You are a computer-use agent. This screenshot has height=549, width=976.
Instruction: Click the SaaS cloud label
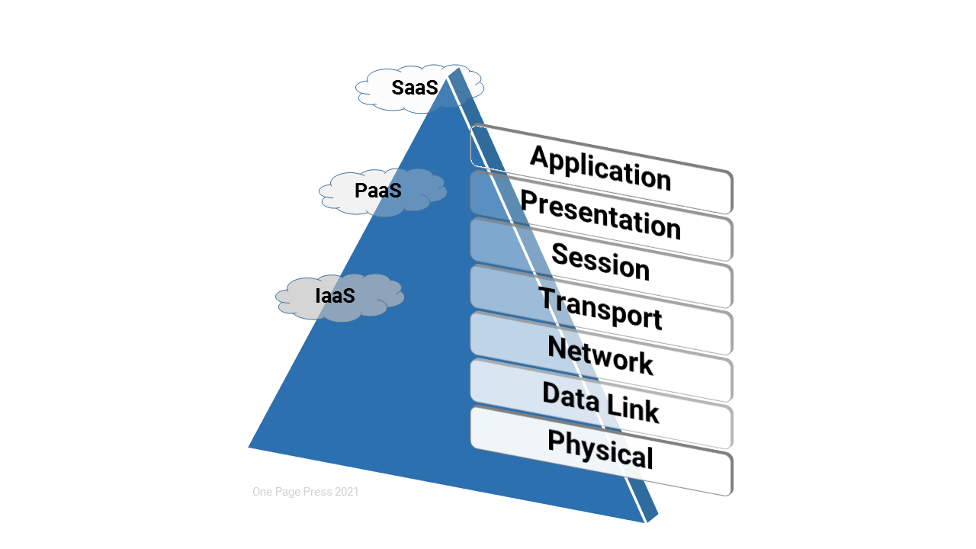(415, 88)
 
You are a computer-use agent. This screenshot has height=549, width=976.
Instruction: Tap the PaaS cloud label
(378, 191)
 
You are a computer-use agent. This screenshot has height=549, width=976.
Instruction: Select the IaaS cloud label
(335, 296)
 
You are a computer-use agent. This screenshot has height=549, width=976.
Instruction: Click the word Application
(601, 168)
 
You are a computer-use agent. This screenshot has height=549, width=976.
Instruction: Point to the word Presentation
(601, 214)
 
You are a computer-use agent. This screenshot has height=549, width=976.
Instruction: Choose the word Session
(601, 262)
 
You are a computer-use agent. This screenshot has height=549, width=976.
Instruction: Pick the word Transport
(601, 309)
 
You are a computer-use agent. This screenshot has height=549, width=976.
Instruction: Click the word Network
(601, 356)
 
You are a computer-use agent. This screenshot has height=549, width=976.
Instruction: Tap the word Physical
(601, 450)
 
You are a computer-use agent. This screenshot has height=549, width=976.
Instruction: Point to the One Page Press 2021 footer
(306, 492)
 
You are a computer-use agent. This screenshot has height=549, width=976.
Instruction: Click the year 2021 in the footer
(346, 492)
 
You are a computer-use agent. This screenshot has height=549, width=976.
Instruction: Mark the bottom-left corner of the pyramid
(249, 447)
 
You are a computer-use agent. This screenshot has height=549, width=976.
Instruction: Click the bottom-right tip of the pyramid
(647, 522)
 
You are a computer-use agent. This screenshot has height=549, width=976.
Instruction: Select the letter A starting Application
(539, 158)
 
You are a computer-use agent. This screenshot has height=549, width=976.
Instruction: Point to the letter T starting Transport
(547, 298)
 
